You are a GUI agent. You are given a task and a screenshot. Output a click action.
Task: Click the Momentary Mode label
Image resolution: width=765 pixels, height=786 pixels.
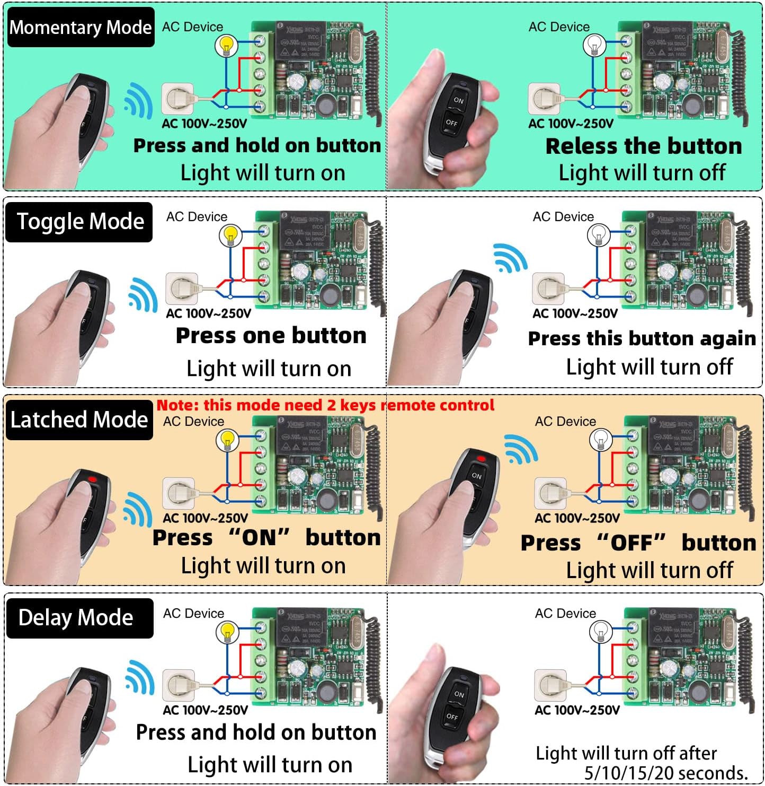(x=81, y=27)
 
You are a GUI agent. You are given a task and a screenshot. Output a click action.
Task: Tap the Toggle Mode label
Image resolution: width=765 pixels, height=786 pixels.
(x=80, y=221)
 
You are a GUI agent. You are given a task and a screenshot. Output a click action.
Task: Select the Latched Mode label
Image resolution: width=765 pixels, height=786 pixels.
(x=79, y=420)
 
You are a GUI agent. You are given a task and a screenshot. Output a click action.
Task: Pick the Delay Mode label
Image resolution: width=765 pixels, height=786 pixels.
(x=76, y=618)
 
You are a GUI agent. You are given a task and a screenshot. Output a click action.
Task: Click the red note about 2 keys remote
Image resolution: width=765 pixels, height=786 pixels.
(x=325, y=405)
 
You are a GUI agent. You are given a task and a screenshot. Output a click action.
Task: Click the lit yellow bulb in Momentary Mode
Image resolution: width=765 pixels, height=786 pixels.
(x=226, y=46)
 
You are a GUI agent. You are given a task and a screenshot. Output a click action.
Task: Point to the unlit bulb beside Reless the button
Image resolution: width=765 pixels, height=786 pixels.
(x=594, y=46)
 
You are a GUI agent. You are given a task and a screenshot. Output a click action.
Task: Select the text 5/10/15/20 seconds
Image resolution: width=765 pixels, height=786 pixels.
(x=666, y=773)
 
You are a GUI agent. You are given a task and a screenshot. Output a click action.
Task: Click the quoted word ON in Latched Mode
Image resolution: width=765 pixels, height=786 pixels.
(x=259, y=538)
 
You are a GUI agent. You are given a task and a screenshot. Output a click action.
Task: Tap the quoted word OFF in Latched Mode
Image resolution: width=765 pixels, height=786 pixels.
(x=631, y=543)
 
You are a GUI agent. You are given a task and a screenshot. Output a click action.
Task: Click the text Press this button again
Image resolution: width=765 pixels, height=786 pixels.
(x=642, y=338)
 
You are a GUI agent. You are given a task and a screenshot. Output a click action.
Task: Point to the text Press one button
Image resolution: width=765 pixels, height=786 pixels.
(x=271, y=336)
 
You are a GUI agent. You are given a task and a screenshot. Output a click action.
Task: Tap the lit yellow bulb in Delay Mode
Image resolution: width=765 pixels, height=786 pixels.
(x=227, y=632)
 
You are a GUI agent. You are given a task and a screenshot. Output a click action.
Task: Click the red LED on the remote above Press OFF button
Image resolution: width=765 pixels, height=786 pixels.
(x=481, y=459)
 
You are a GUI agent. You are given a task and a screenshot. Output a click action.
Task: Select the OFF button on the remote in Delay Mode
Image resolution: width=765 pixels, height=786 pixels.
(x=452, y=717)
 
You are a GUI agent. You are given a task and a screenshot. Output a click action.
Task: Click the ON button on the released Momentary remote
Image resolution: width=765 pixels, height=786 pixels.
(x=458, y=100)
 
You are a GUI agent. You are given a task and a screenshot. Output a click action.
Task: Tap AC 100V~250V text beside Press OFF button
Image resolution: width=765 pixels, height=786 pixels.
(x=577, y=518)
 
